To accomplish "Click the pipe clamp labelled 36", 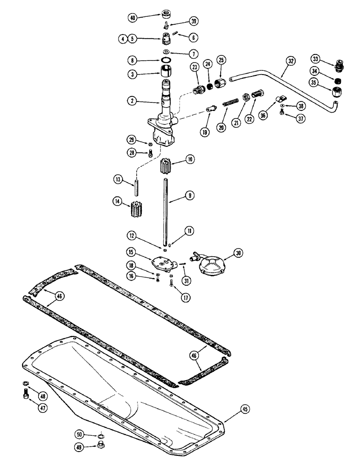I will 281,99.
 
